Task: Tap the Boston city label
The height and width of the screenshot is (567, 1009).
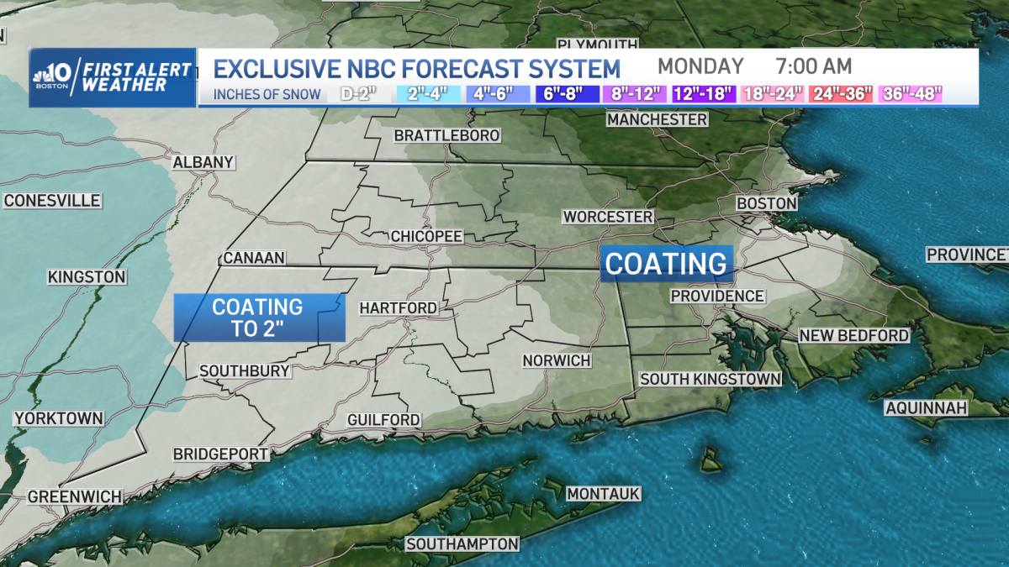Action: click(x=766, y=203)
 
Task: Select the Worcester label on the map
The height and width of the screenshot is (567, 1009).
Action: click(x=608, y=217)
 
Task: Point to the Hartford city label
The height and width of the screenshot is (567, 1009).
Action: click(x=399, y=308)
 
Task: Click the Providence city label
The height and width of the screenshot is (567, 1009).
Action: click(x=717, y=296)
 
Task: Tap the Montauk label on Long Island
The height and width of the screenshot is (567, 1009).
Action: click(x=604, y=493)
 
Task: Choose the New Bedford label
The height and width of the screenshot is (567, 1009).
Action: click(x=853, y=335)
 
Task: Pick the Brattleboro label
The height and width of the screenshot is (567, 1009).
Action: click(x=447, y=135)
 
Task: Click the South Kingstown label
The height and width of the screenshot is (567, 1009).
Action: click(x=711, y=379)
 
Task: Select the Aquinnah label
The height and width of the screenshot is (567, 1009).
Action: click(x=926, y=408)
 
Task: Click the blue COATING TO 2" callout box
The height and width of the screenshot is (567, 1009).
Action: click(x=258, y=318)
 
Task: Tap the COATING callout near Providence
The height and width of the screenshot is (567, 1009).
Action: click(x=667, y=263)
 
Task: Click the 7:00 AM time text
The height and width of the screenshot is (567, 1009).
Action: click(x=815, y=66)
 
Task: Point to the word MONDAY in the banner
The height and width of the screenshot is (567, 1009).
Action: click(x=700, y=66)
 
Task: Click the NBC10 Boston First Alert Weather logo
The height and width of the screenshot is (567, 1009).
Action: click(x=113, y=77)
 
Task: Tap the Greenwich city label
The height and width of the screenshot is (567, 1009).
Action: click(x=75, y=496)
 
